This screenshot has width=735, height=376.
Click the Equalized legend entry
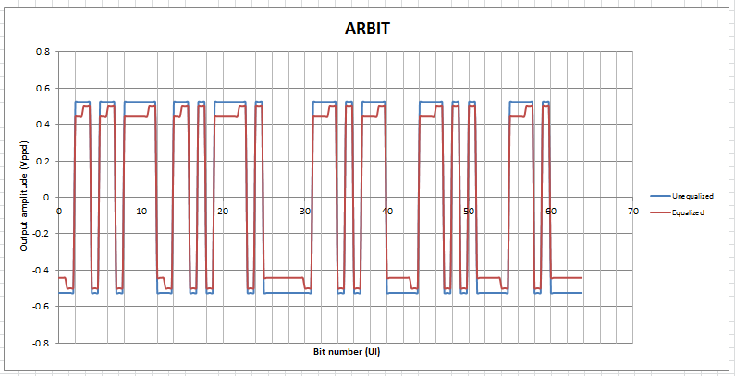click(688, 212)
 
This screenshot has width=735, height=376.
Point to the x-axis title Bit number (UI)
click(346, 352)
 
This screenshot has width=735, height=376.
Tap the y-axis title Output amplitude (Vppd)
click(24, 197)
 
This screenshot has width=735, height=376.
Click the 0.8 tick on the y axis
click(43, 52)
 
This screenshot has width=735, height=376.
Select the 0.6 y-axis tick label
click(43, 88)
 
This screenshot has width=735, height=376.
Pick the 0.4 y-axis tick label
click(43, 124)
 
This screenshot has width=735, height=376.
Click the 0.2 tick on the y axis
click(43, 161)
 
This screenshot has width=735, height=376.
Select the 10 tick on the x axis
click(141, 212)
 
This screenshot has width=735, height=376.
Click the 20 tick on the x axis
click(223, 212)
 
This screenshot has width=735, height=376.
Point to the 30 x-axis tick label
click(305, 212)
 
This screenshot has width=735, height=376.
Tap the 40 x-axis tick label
click(387, 212)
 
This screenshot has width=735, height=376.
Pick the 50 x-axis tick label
click(470, 212)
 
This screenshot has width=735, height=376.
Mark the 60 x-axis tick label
click(551, 212)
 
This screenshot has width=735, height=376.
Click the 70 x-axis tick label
click(633, 212)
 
